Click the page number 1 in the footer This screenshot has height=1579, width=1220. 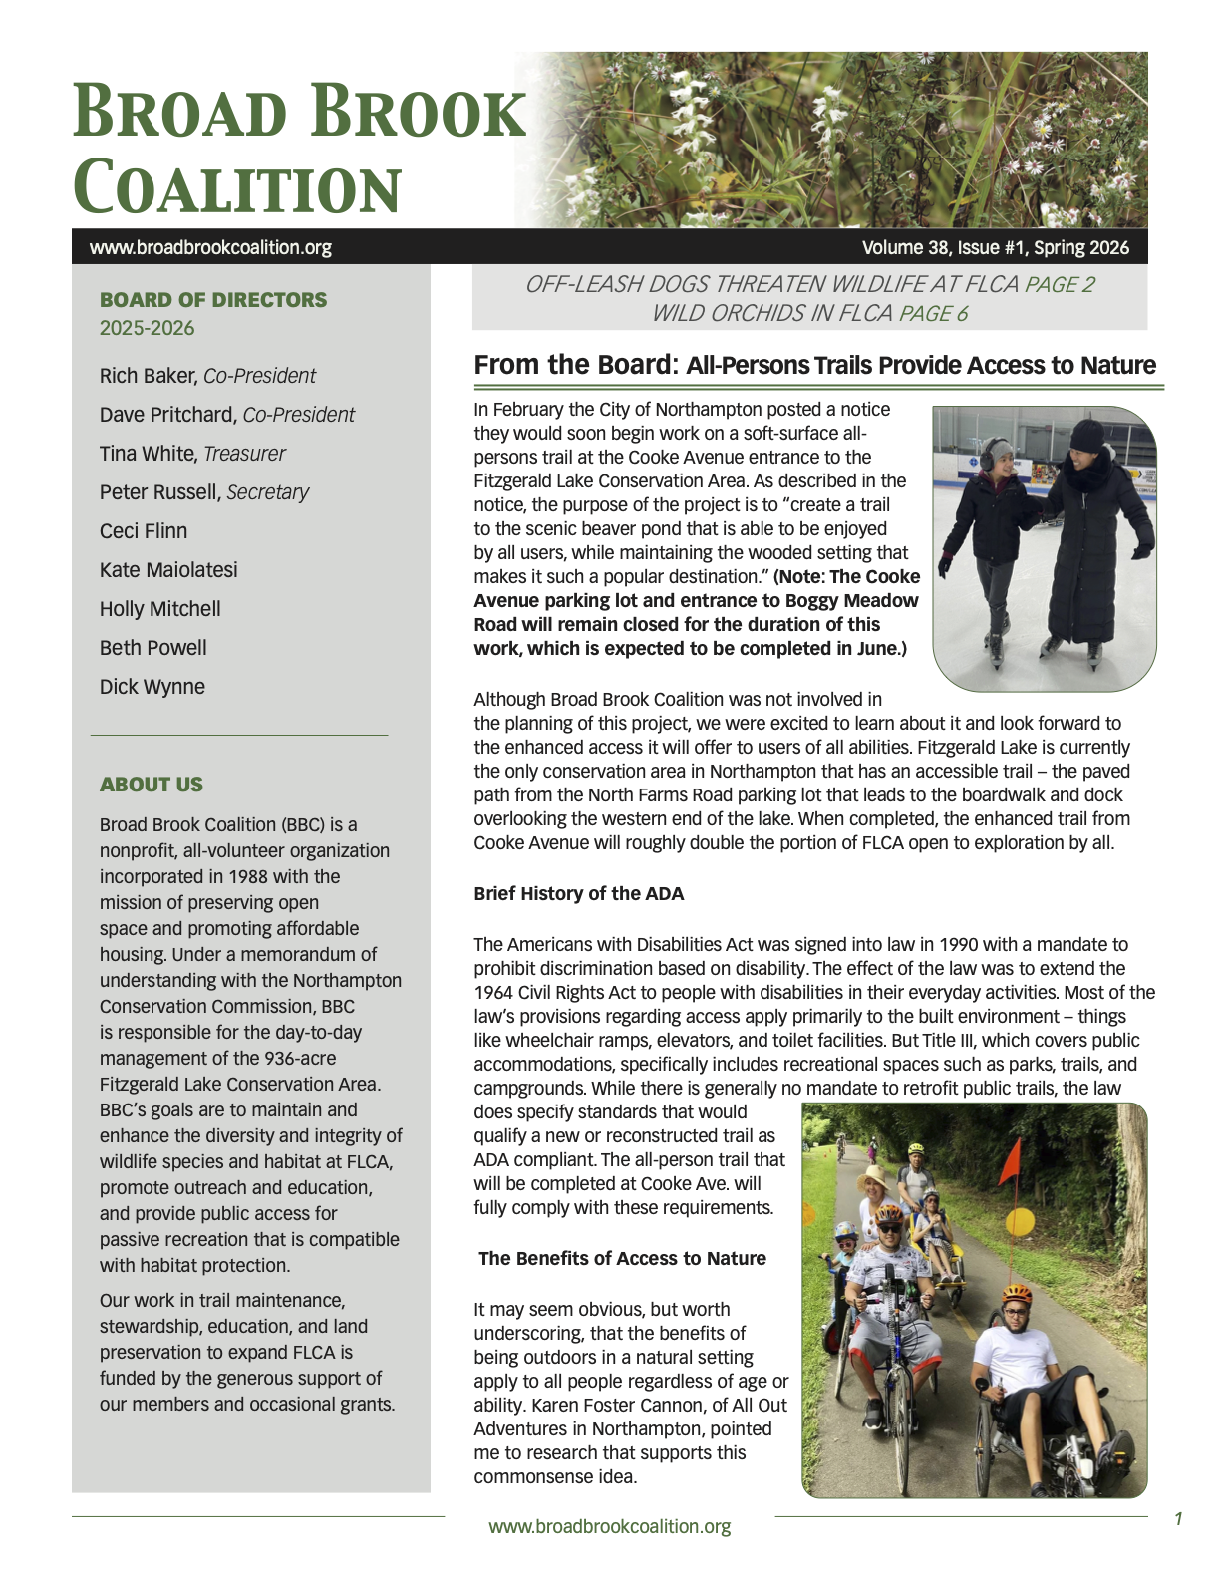[x=1178, y=1519]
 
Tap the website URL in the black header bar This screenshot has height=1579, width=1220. [x=210, y=247]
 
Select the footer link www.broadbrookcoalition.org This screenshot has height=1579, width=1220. [x=609, y=1526]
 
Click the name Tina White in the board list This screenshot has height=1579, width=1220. [x=148, y=454]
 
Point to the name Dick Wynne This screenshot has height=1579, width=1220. [x=152, y=687]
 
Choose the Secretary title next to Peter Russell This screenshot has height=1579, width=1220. [x=268, y=492]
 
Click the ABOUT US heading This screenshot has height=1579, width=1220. [x=152, y=785]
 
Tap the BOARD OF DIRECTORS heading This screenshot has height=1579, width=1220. [x=213, y=300]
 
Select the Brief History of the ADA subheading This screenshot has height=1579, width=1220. [x=579, y=893]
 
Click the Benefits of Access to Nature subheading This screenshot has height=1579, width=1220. [x=622, y=1258]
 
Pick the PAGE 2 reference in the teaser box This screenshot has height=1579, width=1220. [x=1060, y=285]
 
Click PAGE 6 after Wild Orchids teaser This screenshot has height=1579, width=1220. [x=933, y=314]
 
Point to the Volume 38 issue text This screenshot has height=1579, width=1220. [x=995, y=247]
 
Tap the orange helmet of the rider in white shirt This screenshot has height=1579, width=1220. [x=1017, y=1294]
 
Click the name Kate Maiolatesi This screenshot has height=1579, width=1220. [x=168, y=570]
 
